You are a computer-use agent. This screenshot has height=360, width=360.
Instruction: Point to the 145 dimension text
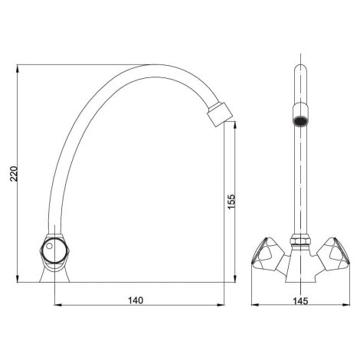point(299,300)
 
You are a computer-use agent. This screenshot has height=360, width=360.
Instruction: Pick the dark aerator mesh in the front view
point(299,121)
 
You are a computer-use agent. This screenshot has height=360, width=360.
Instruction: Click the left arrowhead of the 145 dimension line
point(257,307)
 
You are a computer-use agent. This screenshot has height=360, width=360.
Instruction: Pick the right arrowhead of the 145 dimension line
point(342,307)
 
